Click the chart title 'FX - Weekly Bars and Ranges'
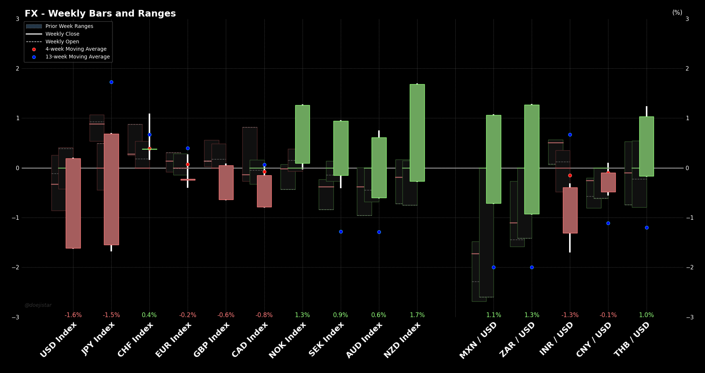pos(100,14)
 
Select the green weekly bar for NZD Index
pos(417,133)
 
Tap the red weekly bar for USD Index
pos(73,203)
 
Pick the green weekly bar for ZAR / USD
pos(532,159)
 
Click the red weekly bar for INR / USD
pos(570,210)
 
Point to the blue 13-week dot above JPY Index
pos(111,82)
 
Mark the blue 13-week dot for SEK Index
pos(341,232)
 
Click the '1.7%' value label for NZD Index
pos(417,315)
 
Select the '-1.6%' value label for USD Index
pos(73,315)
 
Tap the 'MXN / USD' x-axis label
pos(478,340)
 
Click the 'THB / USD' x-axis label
pos(632,340)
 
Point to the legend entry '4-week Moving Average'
pos(76,49)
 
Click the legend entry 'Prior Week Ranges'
pos(69,26)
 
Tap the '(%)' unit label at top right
pos(677,12)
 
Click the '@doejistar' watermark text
pos(38,305)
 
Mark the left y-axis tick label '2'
pos(18,68)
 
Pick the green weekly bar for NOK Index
pos(303,134)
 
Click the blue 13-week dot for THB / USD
pos(647,227)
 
